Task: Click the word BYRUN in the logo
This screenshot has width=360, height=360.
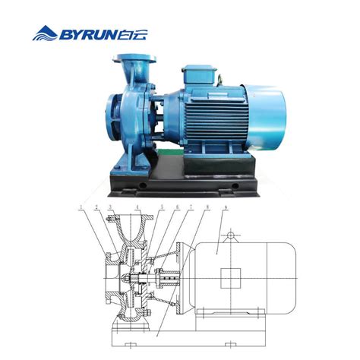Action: (x=88, y=35)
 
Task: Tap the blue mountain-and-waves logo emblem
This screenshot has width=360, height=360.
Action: (x=45, y=33)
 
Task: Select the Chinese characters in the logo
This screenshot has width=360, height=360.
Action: (x=133, y=35)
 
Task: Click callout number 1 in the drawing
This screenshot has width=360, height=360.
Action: (x=81, y=207)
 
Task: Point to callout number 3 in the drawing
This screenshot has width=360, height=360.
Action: (x=110, y=207)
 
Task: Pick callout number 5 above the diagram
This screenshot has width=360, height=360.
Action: (x=163, y=207)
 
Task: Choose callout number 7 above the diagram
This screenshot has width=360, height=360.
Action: (x=191, y=207)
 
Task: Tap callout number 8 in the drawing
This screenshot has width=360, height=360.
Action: (x=207, y=207)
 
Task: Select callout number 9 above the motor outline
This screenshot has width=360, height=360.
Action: (x=226, y=207)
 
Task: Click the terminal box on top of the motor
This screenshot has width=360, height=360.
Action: (x=199, y=75)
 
